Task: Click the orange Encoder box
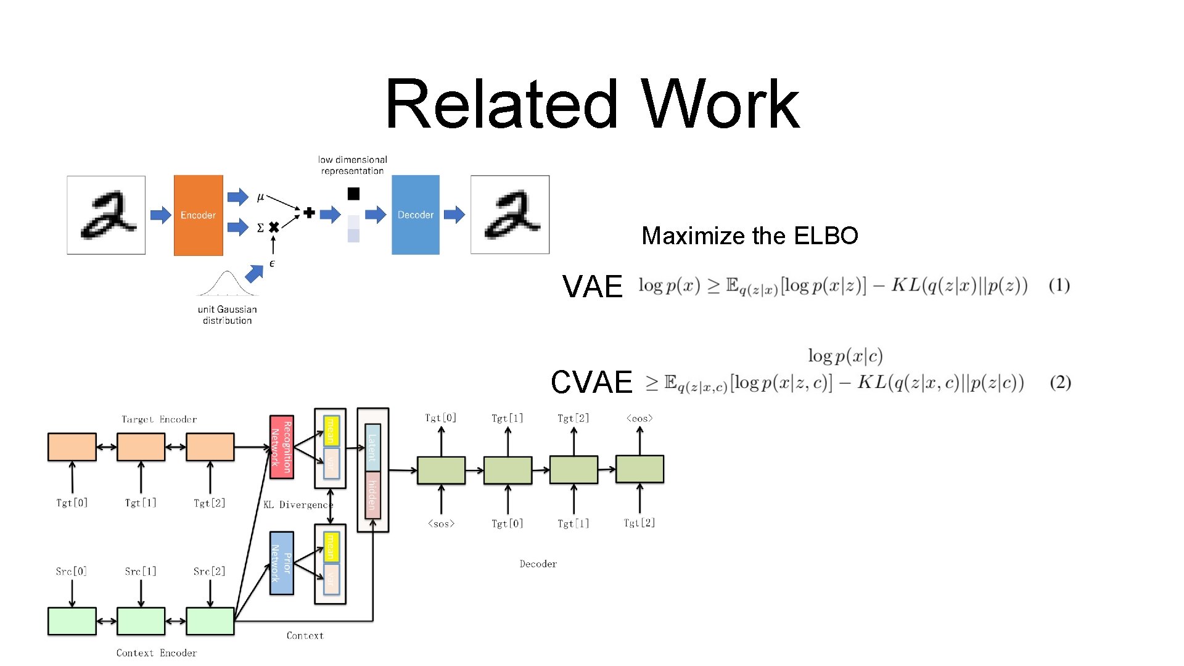click(x=198, y=215)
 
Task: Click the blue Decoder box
click(x=415, y=215)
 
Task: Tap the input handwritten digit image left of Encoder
click(x=106, y=215)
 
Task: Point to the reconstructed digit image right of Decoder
click(x=509, y=215)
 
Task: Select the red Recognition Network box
click(x=281, y=447)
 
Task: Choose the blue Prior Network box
click(x=281, y=563)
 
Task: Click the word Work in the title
click(x=720, y=104)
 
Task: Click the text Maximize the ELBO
click(x=749, y=236)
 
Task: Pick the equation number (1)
click(x=1059, y=286)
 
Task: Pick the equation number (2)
click(x=1060, y=382)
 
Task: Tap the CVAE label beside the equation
click(x=591, y=382)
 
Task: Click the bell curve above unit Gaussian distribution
click(x=227, y=284)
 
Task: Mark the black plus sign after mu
click(x=309, y=213)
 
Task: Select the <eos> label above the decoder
click(x=639, y=418)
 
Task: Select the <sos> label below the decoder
click(x=441, y=524)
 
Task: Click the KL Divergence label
click(x=297, y=504)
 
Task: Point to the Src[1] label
click(x=141, y=572)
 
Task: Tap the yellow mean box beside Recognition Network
click(x=331, y=430)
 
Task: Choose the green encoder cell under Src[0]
click(x=72, y=621)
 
